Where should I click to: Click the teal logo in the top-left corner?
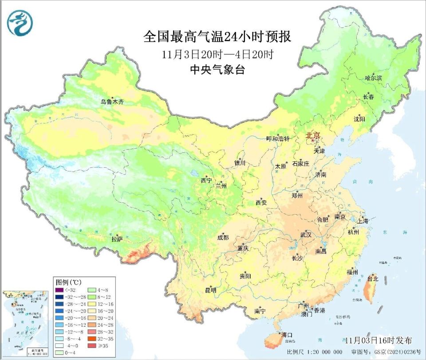(x=20, y=23)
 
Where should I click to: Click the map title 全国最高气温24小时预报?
(x=217, y=37)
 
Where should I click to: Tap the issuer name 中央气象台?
(x=217, y=70)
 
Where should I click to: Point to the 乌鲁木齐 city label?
(x=112, y=102)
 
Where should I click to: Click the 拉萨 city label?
(x=117, y=239)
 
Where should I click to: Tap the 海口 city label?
(x=286, y=335)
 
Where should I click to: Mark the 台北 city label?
(x=372, y=279)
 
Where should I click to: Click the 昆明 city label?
(x=210, y=290)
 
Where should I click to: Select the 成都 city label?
(x=223, y=238)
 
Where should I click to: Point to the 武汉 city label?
(x=306, y=235)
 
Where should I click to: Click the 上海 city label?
(x=362, y=221)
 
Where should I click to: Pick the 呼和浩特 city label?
(x=277, y=139)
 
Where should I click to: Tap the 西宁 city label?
(x=206, y=180)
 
